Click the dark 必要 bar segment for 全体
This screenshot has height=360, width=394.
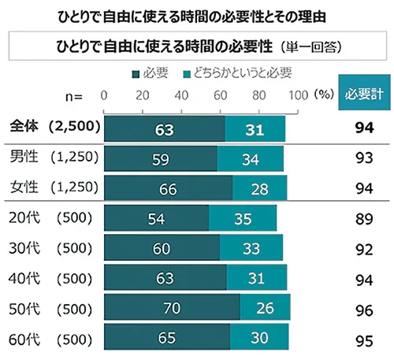164,128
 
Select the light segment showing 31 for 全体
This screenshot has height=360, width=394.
255,128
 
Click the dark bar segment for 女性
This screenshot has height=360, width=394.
168,187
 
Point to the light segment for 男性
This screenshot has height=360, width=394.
250,158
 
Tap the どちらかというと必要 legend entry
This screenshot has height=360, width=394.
237,73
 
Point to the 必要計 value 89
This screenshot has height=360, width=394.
363,217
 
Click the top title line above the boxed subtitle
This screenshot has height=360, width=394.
193,15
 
